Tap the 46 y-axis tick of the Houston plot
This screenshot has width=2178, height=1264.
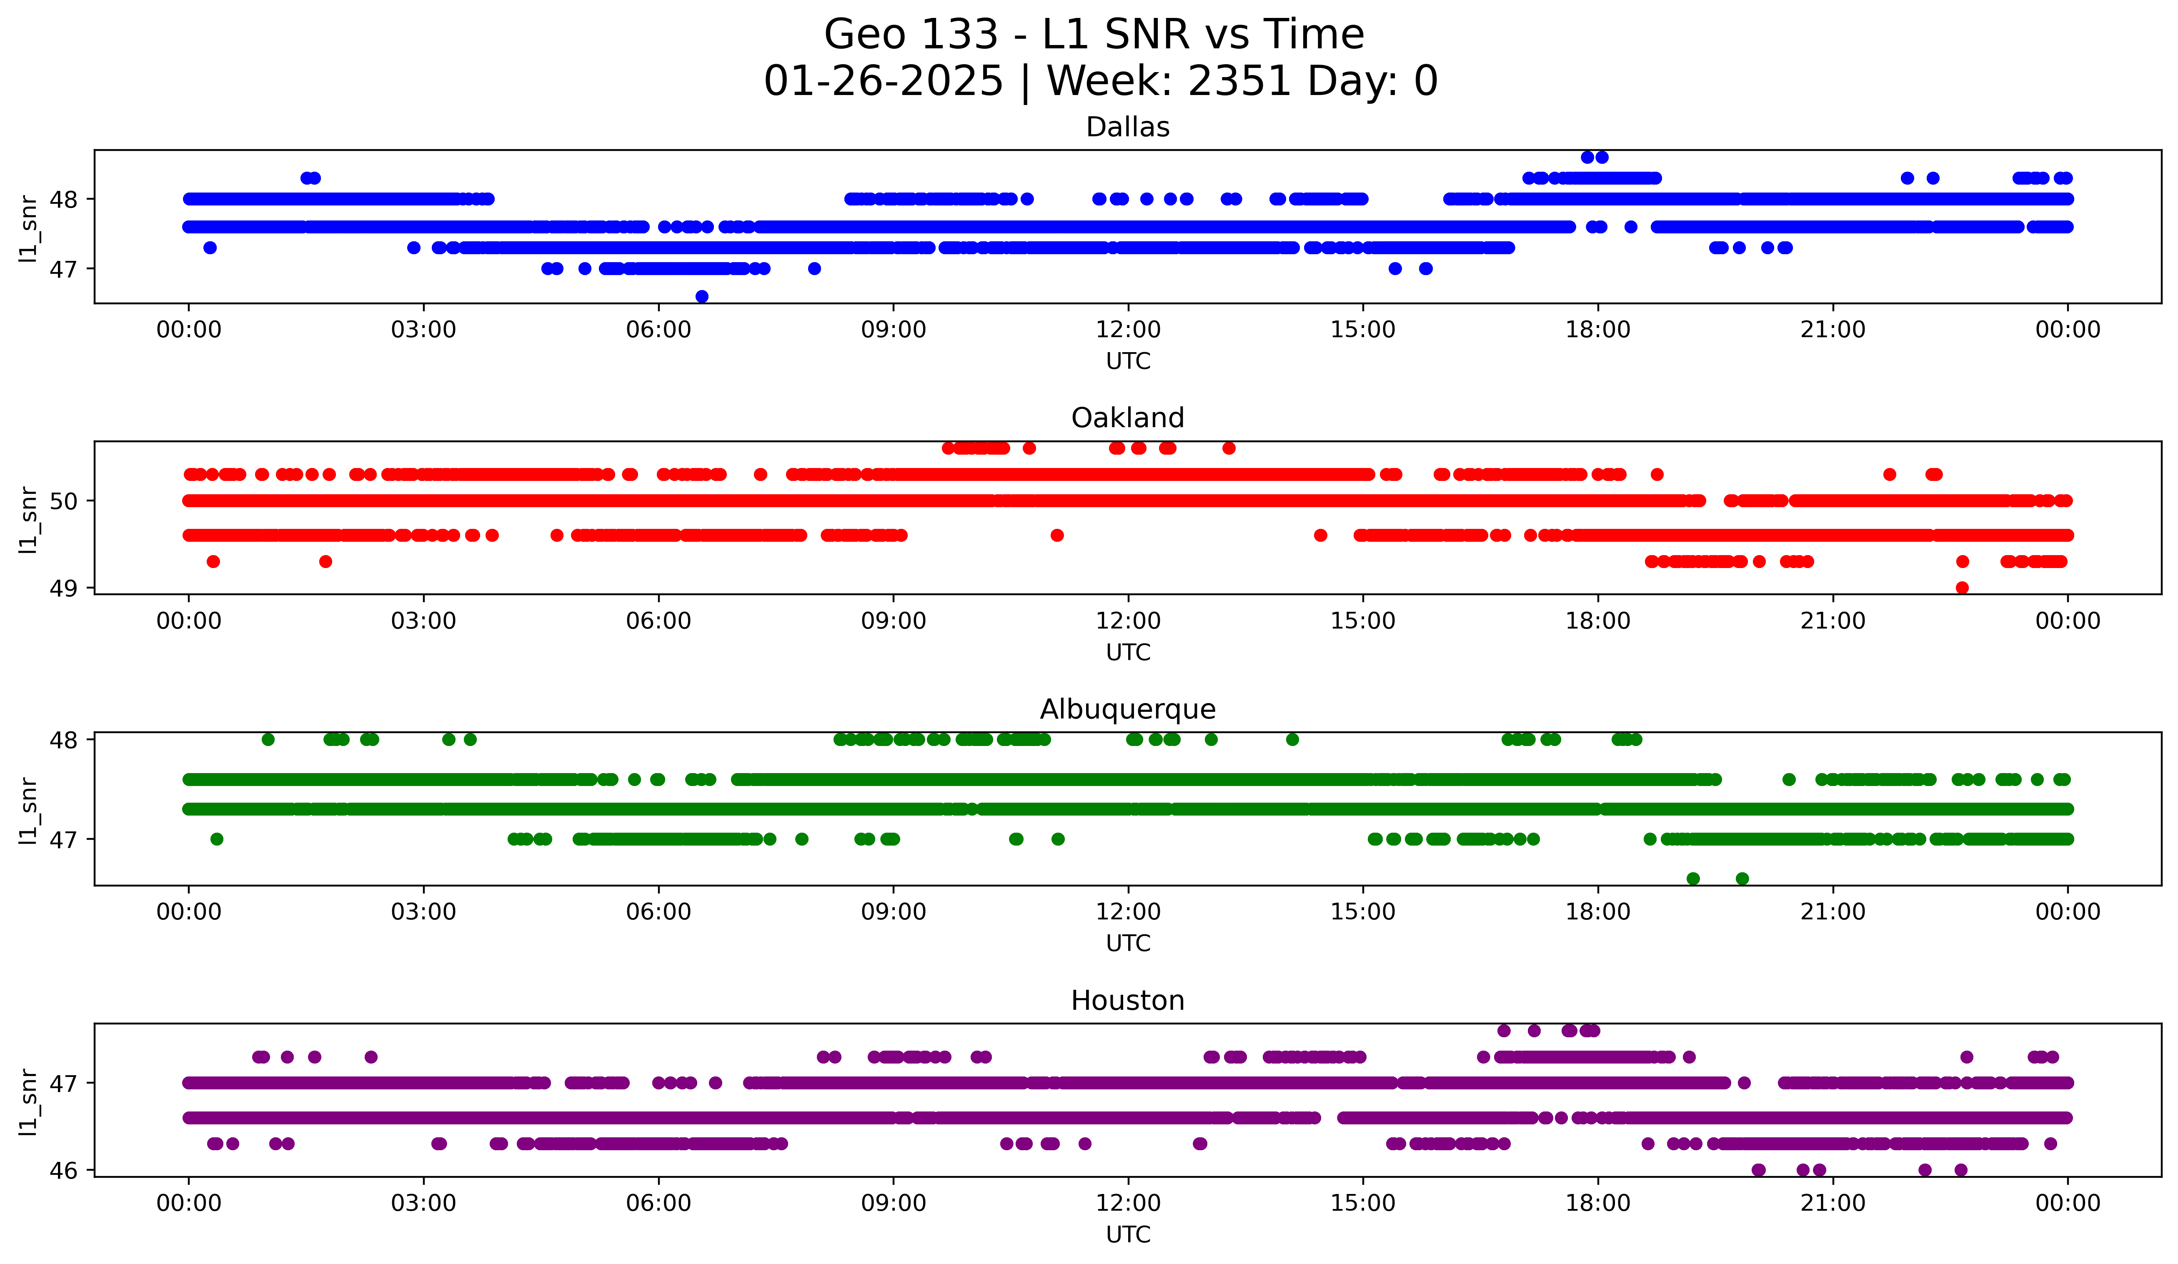click(x=63, y=1171)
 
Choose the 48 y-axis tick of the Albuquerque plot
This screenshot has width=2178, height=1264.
click(x=63, y=740)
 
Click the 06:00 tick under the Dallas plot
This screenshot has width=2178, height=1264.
click(x=658, y=330)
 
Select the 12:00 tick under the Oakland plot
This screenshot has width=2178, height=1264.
click(x=1128, y=621)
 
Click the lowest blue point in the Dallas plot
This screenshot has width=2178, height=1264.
click(x=702, y=296)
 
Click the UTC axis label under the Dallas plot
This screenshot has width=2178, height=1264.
click(x=1128, y=361)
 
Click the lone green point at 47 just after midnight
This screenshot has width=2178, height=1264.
click(x=217, y=839)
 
